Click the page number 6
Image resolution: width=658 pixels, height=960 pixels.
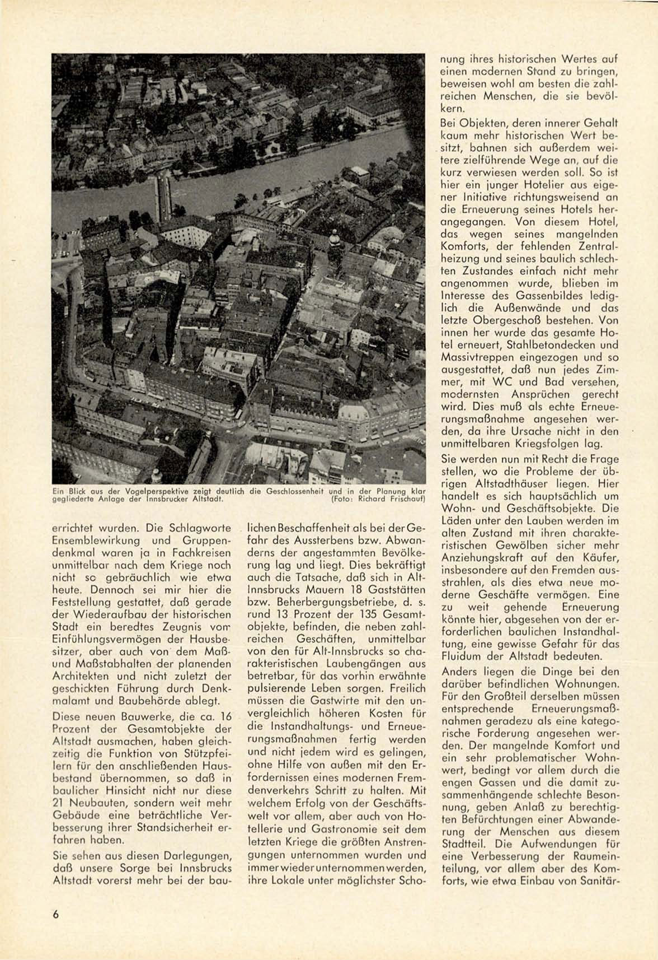click(x=55, y=914)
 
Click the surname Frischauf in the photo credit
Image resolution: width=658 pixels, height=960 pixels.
click(x=407, y=498)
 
